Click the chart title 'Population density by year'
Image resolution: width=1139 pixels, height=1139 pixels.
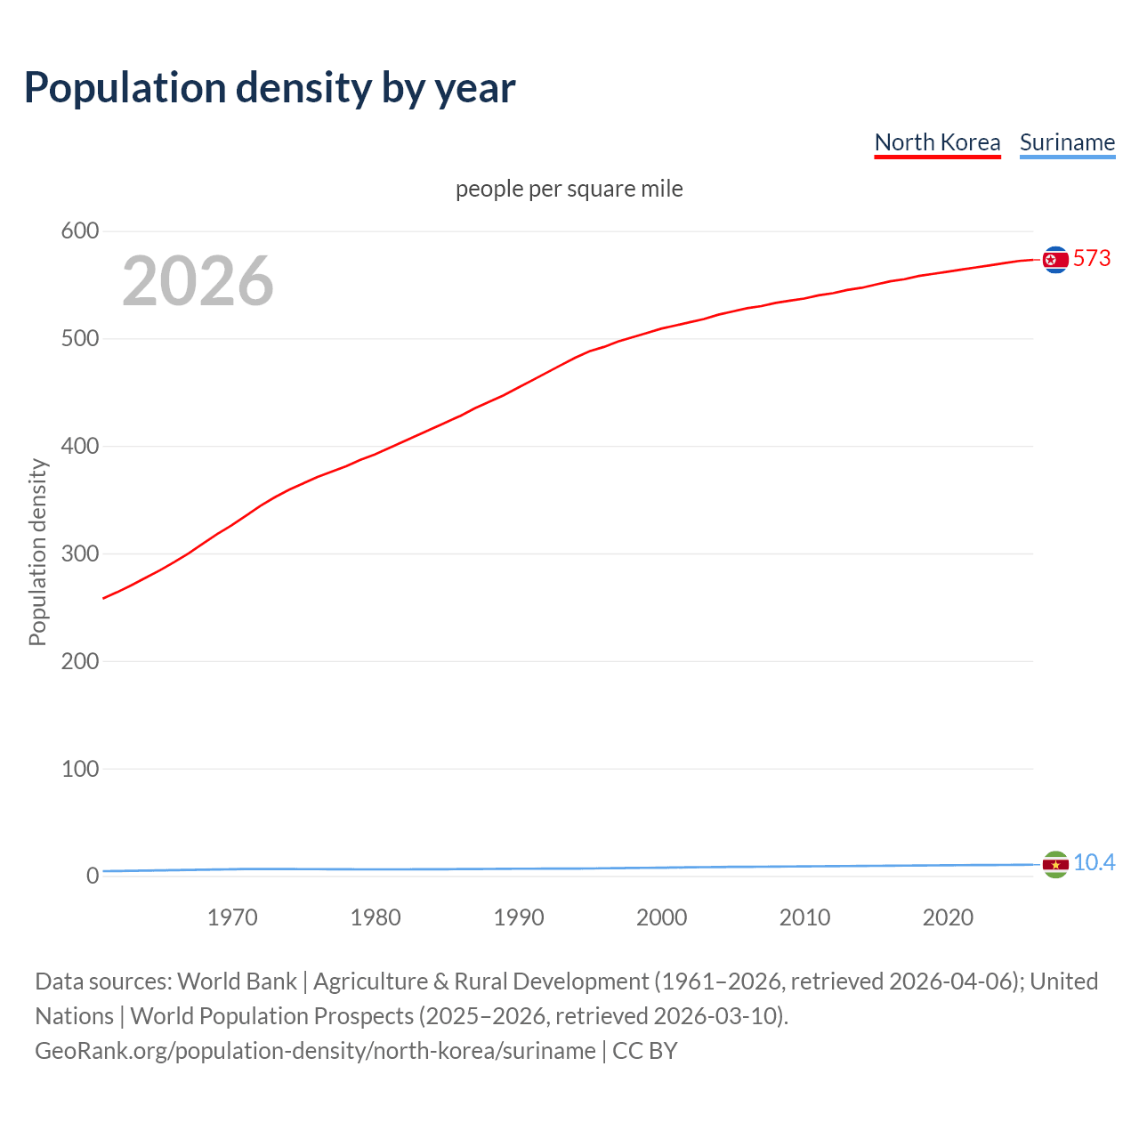270,88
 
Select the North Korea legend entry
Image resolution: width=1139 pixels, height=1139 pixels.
937,142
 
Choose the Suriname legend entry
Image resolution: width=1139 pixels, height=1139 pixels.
1067,142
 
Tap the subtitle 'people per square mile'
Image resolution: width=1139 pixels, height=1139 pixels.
569,189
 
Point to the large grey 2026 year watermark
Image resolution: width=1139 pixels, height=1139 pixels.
198,281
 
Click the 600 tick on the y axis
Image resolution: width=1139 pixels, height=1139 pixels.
79,231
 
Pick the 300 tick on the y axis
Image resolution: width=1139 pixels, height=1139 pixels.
79,553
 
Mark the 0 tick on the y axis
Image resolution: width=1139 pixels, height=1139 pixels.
92,876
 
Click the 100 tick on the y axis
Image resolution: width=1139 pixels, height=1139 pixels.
79,769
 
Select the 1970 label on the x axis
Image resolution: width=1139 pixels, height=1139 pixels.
232,917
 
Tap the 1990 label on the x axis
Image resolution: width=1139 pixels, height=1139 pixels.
519,917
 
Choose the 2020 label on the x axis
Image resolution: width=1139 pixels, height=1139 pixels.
948,917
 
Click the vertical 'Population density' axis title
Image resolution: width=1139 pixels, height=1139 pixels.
37,552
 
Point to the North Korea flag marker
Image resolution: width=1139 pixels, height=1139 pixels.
1055,260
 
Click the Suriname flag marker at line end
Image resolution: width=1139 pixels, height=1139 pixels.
1055,864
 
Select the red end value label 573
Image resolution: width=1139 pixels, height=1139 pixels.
1092,259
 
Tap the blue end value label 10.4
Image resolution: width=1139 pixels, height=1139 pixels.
1094,863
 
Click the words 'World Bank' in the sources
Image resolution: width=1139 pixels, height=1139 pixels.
237,981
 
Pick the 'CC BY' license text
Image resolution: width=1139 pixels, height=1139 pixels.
645,1051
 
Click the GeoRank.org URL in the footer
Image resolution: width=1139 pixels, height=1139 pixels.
315,1051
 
